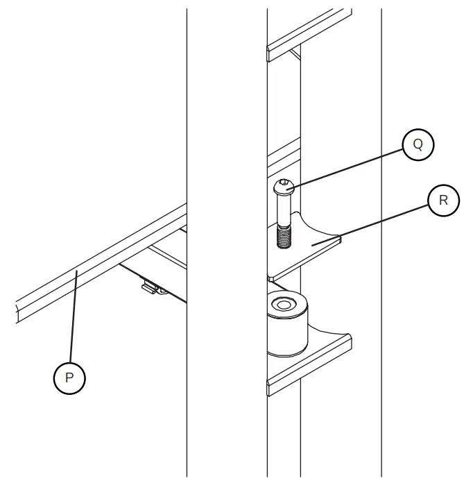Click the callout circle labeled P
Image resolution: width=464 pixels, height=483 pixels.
coord(69,378)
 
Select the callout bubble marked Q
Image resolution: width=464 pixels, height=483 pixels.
coord(418,144)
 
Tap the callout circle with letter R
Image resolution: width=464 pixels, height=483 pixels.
coord(443,201)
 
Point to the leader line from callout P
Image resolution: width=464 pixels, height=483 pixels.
coord(71,319)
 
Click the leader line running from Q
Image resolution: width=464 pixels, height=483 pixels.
coord(347,165)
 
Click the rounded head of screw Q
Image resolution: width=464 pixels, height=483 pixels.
coord(285,185)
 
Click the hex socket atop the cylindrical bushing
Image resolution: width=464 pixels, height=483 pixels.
coord(284,304)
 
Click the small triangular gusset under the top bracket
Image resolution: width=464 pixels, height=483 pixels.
coord(295,54)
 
